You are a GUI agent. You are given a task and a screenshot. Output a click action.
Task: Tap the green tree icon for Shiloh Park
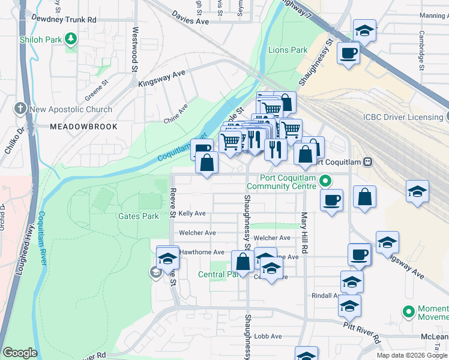point(71,39)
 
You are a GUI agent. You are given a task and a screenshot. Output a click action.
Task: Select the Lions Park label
point(288,50)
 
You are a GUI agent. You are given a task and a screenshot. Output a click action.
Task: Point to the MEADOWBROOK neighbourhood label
point(83,127)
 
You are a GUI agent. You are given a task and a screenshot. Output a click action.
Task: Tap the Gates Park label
point(139,216)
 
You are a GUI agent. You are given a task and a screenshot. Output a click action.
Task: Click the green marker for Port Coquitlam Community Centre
point(325,180)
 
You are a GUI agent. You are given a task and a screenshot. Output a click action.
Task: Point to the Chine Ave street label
point(176,113)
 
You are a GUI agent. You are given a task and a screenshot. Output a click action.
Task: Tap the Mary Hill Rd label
point(304,232)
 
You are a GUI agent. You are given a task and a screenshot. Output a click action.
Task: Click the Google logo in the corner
point(19,353)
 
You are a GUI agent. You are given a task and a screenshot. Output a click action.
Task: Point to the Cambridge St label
point(422,51)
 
